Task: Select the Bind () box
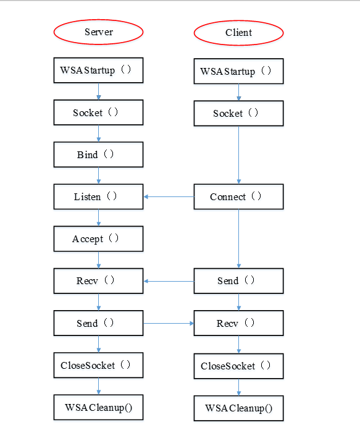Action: [98, 154]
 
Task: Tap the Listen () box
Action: [98, 196]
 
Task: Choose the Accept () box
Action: [98, 238]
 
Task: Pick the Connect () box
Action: [238, 196]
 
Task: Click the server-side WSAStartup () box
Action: [98, 70]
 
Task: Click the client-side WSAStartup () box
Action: [238, 71]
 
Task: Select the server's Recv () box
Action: [98, 280]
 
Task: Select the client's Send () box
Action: [238, 280]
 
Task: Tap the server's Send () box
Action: [98, 323]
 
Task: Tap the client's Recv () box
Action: [238, 323]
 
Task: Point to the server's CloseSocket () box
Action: [98, 365]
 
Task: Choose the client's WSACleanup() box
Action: [238, 408]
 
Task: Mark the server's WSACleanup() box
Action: [98, 407]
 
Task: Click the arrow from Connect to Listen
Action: [169, 196]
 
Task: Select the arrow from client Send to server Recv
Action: [169, 281]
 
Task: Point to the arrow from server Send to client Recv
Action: [169, 323]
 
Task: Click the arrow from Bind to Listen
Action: [98, 175]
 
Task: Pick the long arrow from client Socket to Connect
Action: [238, 155]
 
